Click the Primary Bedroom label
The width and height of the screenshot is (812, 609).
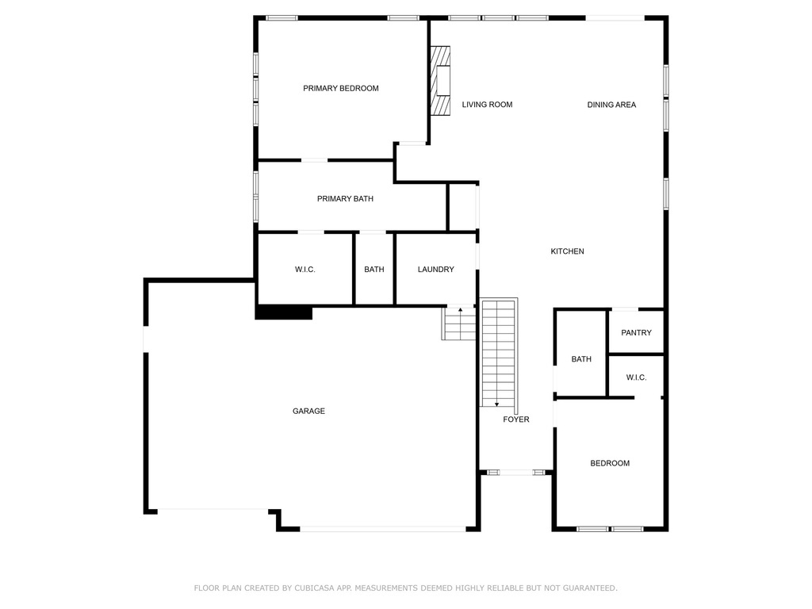click(x=341, y=88)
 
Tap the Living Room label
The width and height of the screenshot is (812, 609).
click(x=487, y=105)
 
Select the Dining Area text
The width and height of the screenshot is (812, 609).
click(x=611, y=105)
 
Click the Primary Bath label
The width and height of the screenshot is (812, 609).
click(x=345, y=199)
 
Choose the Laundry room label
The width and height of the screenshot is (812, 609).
click(x=436, y=270)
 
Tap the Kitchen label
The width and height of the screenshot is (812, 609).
click(x=567, y=251)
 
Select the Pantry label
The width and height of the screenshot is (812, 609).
click(x=636, y=333)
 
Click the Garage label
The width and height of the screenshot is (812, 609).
click(x=308, y=411)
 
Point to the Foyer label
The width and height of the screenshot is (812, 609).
click(x=516, y=419)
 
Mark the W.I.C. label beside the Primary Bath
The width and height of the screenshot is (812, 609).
click(x=305, y=270)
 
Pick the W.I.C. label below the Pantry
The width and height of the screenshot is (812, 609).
click(x=636, y=377)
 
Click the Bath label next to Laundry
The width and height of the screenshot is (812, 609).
click(x=374, y=270)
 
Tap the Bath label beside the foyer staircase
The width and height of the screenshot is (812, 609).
click(x=581, y=359)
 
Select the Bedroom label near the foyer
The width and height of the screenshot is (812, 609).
click(x=610, y=463)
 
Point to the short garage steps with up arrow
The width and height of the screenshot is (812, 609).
click(x=460, y=324)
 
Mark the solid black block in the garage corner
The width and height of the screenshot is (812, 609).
click(x=284, y=312)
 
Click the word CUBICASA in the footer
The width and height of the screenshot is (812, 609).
click(x=312, y=588)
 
